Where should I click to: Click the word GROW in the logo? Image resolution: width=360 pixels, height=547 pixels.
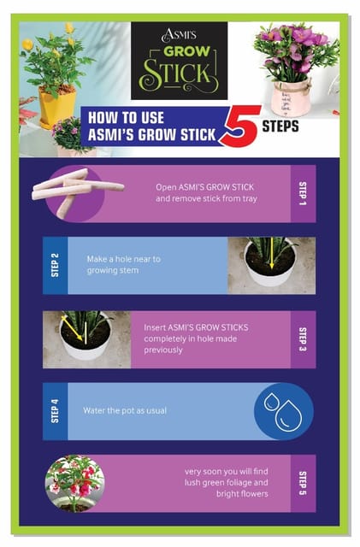pos(186,51)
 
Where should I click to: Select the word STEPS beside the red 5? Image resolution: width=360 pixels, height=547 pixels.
pos(280,126)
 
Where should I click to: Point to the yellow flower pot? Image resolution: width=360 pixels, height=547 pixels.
pos(57,107)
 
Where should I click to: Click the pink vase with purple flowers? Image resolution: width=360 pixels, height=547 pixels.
pos(291,98)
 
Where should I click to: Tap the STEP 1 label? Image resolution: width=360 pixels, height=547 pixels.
pos(303,194)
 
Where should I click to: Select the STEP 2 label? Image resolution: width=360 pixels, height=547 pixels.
pos(55,265)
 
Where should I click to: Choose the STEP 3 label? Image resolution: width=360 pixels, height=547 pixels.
pos(303,339)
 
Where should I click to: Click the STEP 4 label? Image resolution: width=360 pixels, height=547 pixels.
pos(55,411)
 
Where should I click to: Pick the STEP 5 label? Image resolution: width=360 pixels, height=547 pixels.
pos(303,483)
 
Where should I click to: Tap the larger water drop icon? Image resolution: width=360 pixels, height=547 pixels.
pos(287,415)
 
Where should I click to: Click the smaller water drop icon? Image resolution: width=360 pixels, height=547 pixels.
pos(270,402)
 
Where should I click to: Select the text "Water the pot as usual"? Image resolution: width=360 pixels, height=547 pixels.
pos(125,410)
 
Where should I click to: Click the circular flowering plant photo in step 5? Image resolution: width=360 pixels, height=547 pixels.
pos(74,484)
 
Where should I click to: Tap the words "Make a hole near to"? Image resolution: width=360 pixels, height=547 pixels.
pos(124,259)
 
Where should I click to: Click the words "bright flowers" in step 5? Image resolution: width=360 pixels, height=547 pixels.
pos(242,494)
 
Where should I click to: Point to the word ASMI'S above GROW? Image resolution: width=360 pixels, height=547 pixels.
pos(179,35)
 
